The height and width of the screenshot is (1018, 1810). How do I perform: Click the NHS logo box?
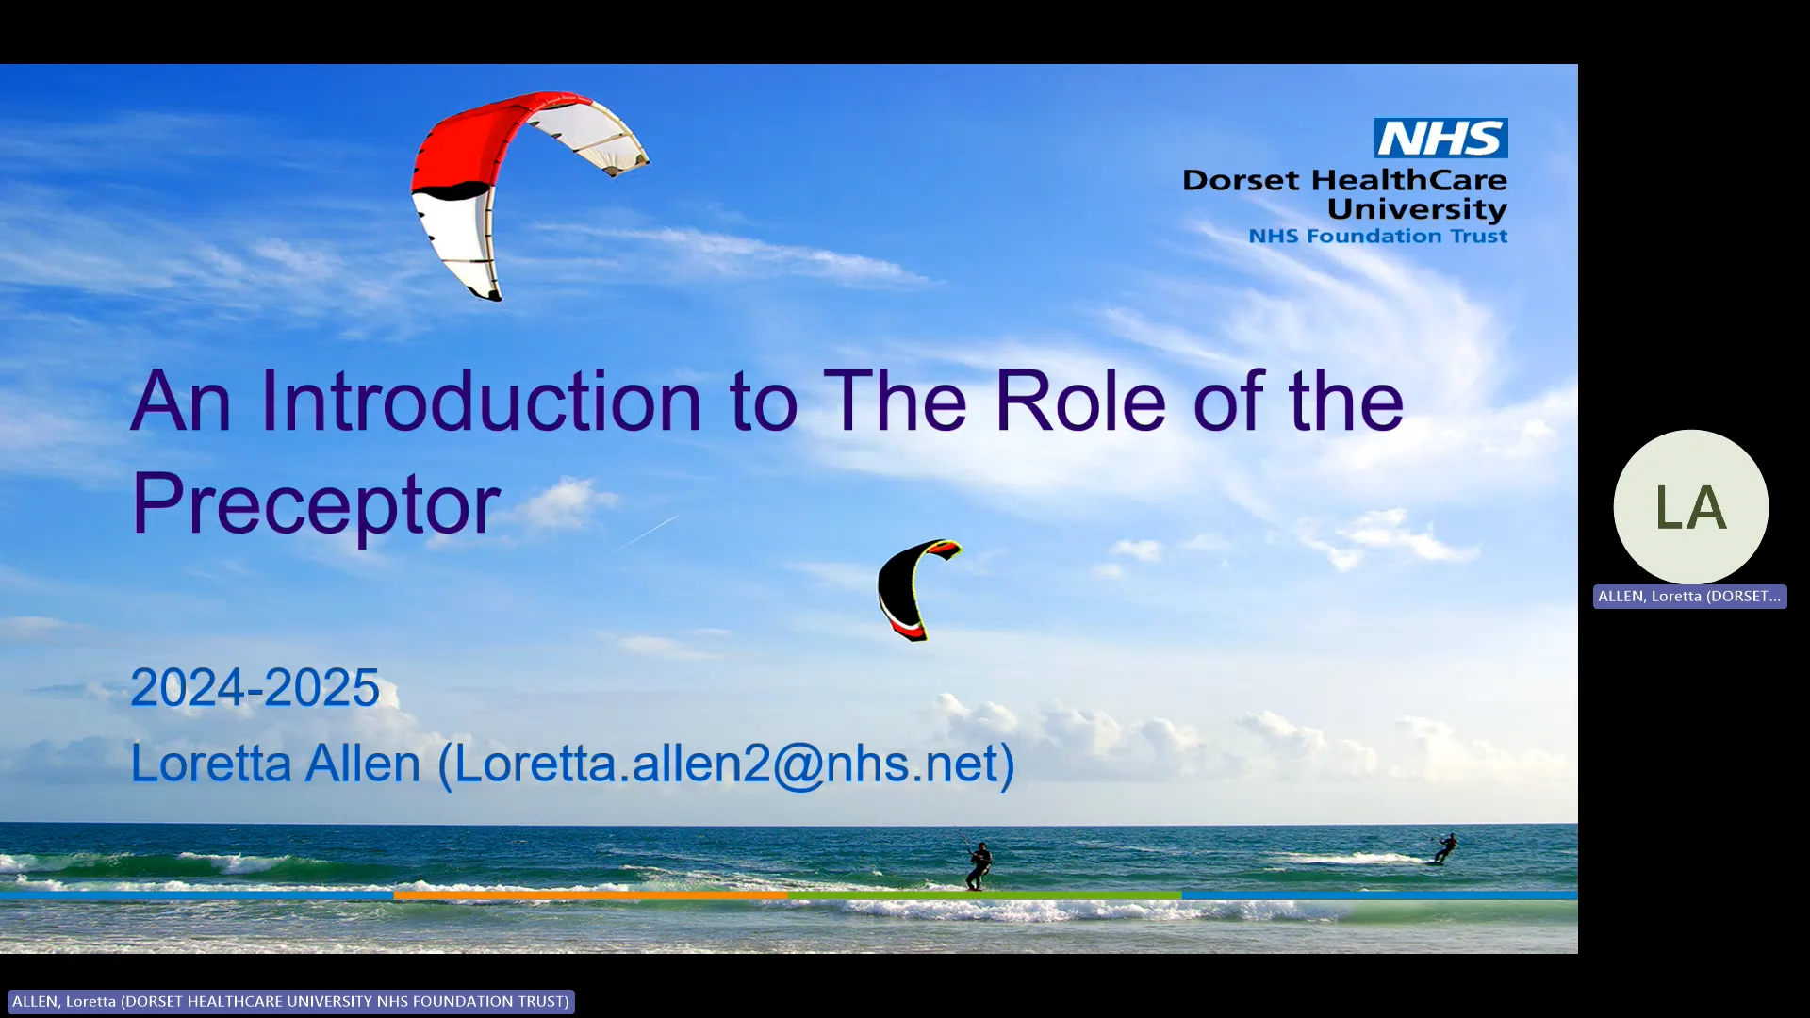click(1440, 139)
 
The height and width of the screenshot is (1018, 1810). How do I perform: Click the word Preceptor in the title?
click(316, 504)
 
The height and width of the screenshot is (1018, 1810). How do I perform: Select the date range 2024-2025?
click(255, 687)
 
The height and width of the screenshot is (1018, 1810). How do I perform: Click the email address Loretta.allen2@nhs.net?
click(726, 763)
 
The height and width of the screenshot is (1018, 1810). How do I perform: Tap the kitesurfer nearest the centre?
click(979, 864)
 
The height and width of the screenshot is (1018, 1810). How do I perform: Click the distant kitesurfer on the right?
click(1444, 848)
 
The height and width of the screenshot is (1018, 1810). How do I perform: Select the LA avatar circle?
click(1690, 507)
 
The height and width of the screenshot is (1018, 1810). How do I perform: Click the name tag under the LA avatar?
click(1689, 597)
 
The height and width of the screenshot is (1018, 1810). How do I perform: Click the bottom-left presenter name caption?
click(290, 1001)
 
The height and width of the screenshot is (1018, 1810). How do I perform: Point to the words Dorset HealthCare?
click(1344, 180)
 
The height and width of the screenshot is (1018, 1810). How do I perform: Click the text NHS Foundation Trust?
click(1377, 237)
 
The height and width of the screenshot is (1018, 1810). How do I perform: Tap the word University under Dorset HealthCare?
click(1417, 208)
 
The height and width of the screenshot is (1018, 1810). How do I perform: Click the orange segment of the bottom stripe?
click(589, 895)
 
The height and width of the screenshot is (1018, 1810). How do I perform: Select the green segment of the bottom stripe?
click(983, 895)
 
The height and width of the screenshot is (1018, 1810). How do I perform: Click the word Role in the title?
click(1080, 402)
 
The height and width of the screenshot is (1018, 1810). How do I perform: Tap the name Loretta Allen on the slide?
click(275, 763)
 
